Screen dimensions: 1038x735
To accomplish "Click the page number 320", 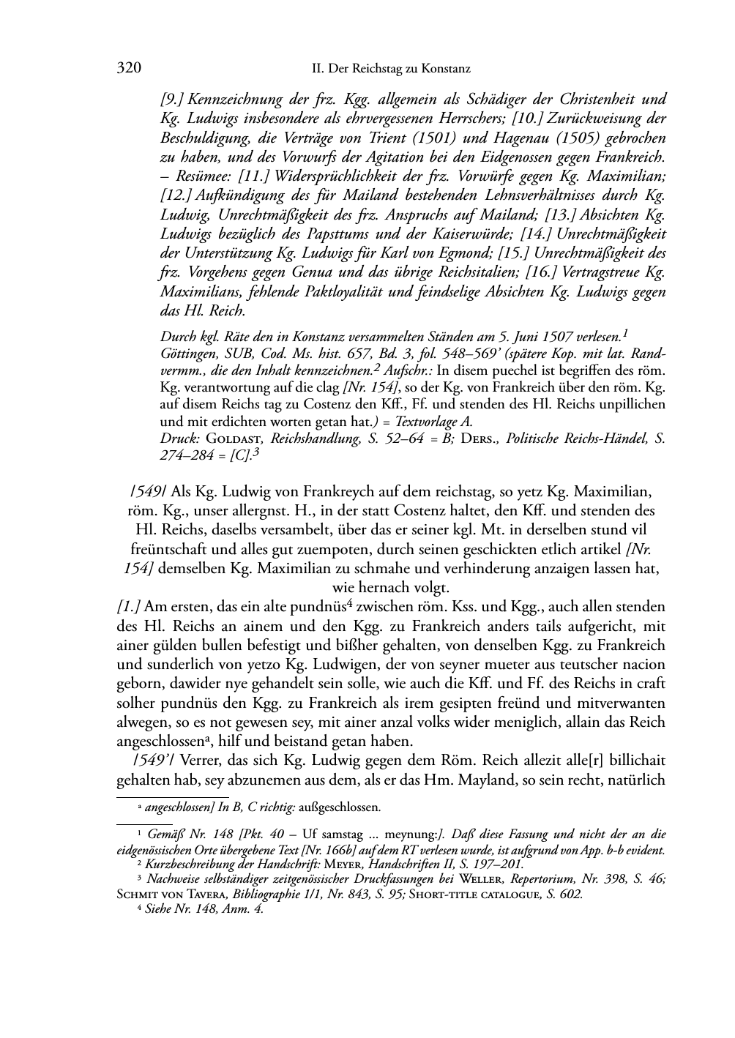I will point(129,69).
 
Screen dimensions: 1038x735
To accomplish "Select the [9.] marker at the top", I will point(173,99).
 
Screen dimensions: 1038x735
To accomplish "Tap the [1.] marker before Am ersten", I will point(129,607).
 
